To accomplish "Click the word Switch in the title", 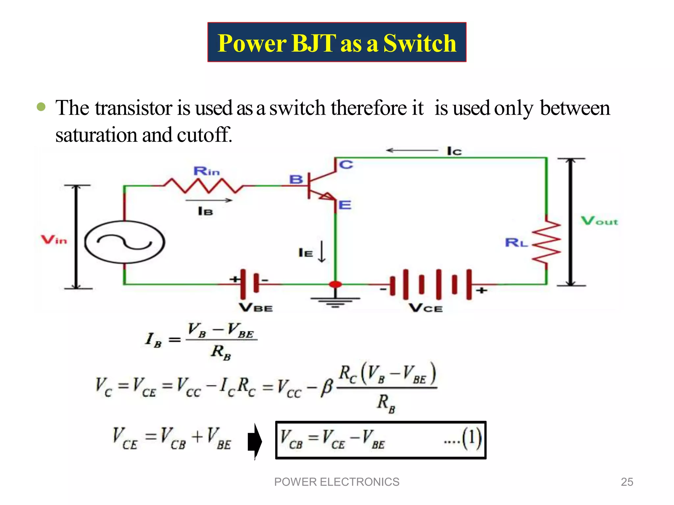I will pyautogui.click(x=420, y=43).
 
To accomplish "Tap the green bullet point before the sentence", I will pyautogui.click(x=41, y=107).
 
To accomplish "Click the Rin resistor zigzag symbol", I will pyautogui.click(x=204, y=186).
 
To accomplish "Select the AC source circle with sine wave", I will pyautogui.click(x=124, y=242).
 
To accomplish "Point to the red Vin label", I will pyautogui.click(x=54, y=240).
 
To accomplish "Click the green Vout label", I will pyautogui.click(x=599, y=221).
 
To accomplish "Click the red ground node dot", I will pyautogui.click(x=335, y=284).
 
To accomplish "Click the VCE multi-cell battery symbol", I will pyautogui.click(x=431, y=284).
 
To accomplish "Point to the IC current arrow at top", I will pyautogui.click(x=411, y=151).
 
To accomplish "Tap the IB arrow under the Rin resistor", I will pyautogui.click(x=209, y=200).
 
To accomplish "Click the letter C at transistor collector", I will pyautogui.click(x=346, y=165).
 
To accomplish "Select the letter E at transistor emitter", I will pyautogui.click(x=345, y=205).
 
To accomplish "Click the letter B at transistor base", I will pyautogui.click(x=296, y=180).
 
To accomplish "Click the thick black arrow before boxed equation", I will pyautogui.click(x=255, y=441).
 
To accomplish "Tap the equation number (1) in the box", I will pyautogui.click(x=471, y=439).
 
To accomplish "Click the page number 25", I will pyautogui.click(x=627, y=482).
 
